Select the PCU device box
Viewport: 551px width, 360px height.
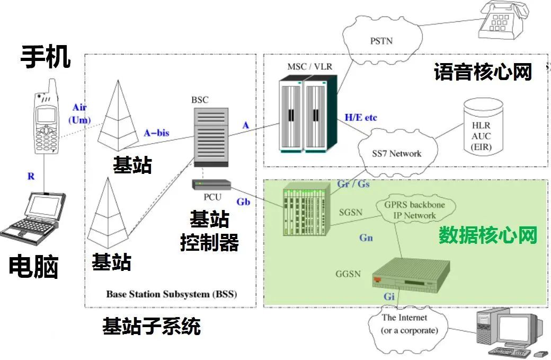point(211,185)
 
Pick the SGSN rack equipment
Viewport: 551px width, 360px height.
point(306,210)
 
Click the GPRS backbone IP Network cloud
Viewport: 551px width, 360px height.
point(407,210)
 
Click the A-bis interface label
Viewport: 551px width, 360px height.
point(156,133)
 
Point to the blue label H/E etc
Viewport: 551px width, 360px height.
point(361,117)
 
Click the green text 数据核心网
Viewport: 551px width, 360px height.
point(487,235)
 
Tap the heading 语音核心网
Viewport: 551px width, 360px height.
point(483,72)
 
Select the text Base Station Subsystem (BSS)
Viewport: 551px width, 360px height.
point(172,294)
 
